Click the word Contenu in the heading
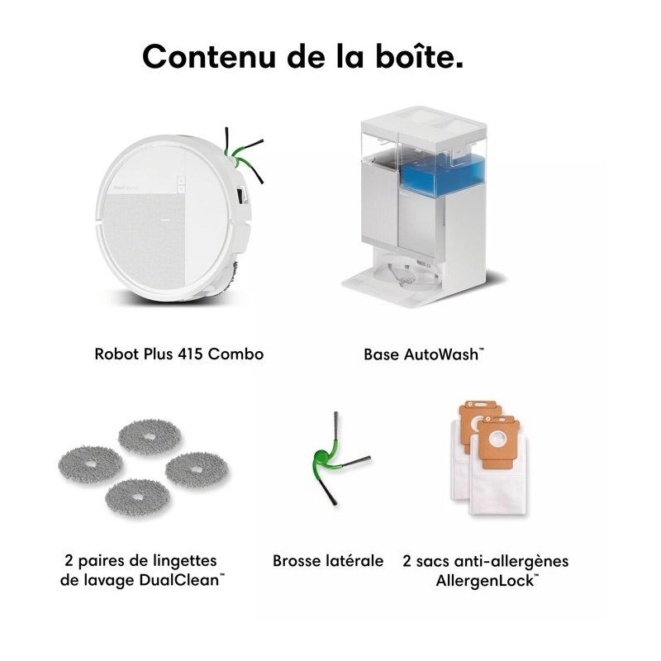pyautogui.click(x=209, y=56)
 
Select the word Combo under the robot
pyautogui.click(x=236, y=354)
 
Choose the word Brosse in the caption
pyautogui.click(x=297, y=561)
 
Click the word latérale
pyautogui.click(x=355, y=561)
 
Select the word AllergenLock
pyautogui.click(x=487, y=581)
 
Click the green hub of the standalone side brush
pyautogui.click(x=321, y=459)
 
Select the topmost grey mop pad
pyautogui.click(x=150, y=437)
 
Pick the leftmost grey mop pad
pyautogui.click(x=91, y=464)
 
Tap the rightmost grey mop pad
pyautogui.click(x=197, y=469)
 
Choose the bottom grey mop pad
pyautogui.click(x=137, y=498)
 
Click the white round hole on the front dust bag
pyautogui.click(x=497, y=440)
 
